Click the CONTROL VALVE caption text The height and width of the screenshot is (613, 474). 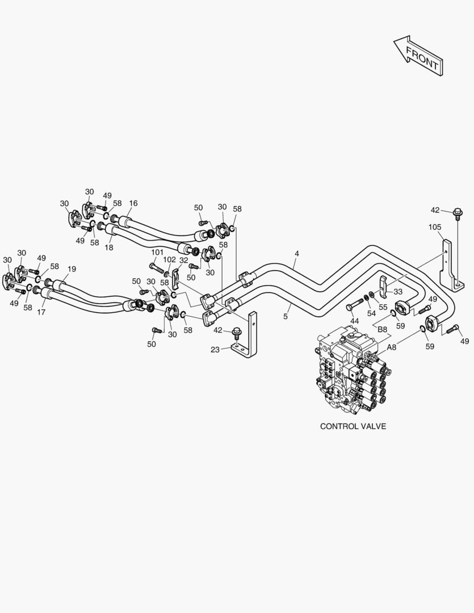point(353,426)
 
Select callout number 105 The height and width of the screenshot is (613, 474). point(434,228)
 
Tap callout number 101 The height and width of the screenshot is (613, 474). point(157,252)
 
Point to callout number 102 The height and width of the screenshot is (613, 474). point(169,259)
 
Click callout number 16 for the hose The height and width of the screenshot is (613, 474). point(133,203)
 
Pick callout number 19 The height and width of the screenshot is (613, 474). point(72,269)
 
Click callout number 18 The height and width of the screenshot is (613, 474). point(109,247)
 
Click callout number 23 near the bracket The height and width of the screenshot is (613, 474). point(215,350)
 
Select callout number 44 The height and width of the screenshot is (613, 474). point(354,321)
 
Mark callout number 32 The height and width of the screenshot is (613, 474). point(183,260)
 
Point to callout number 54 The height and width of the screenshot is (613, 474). point(371,313)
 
